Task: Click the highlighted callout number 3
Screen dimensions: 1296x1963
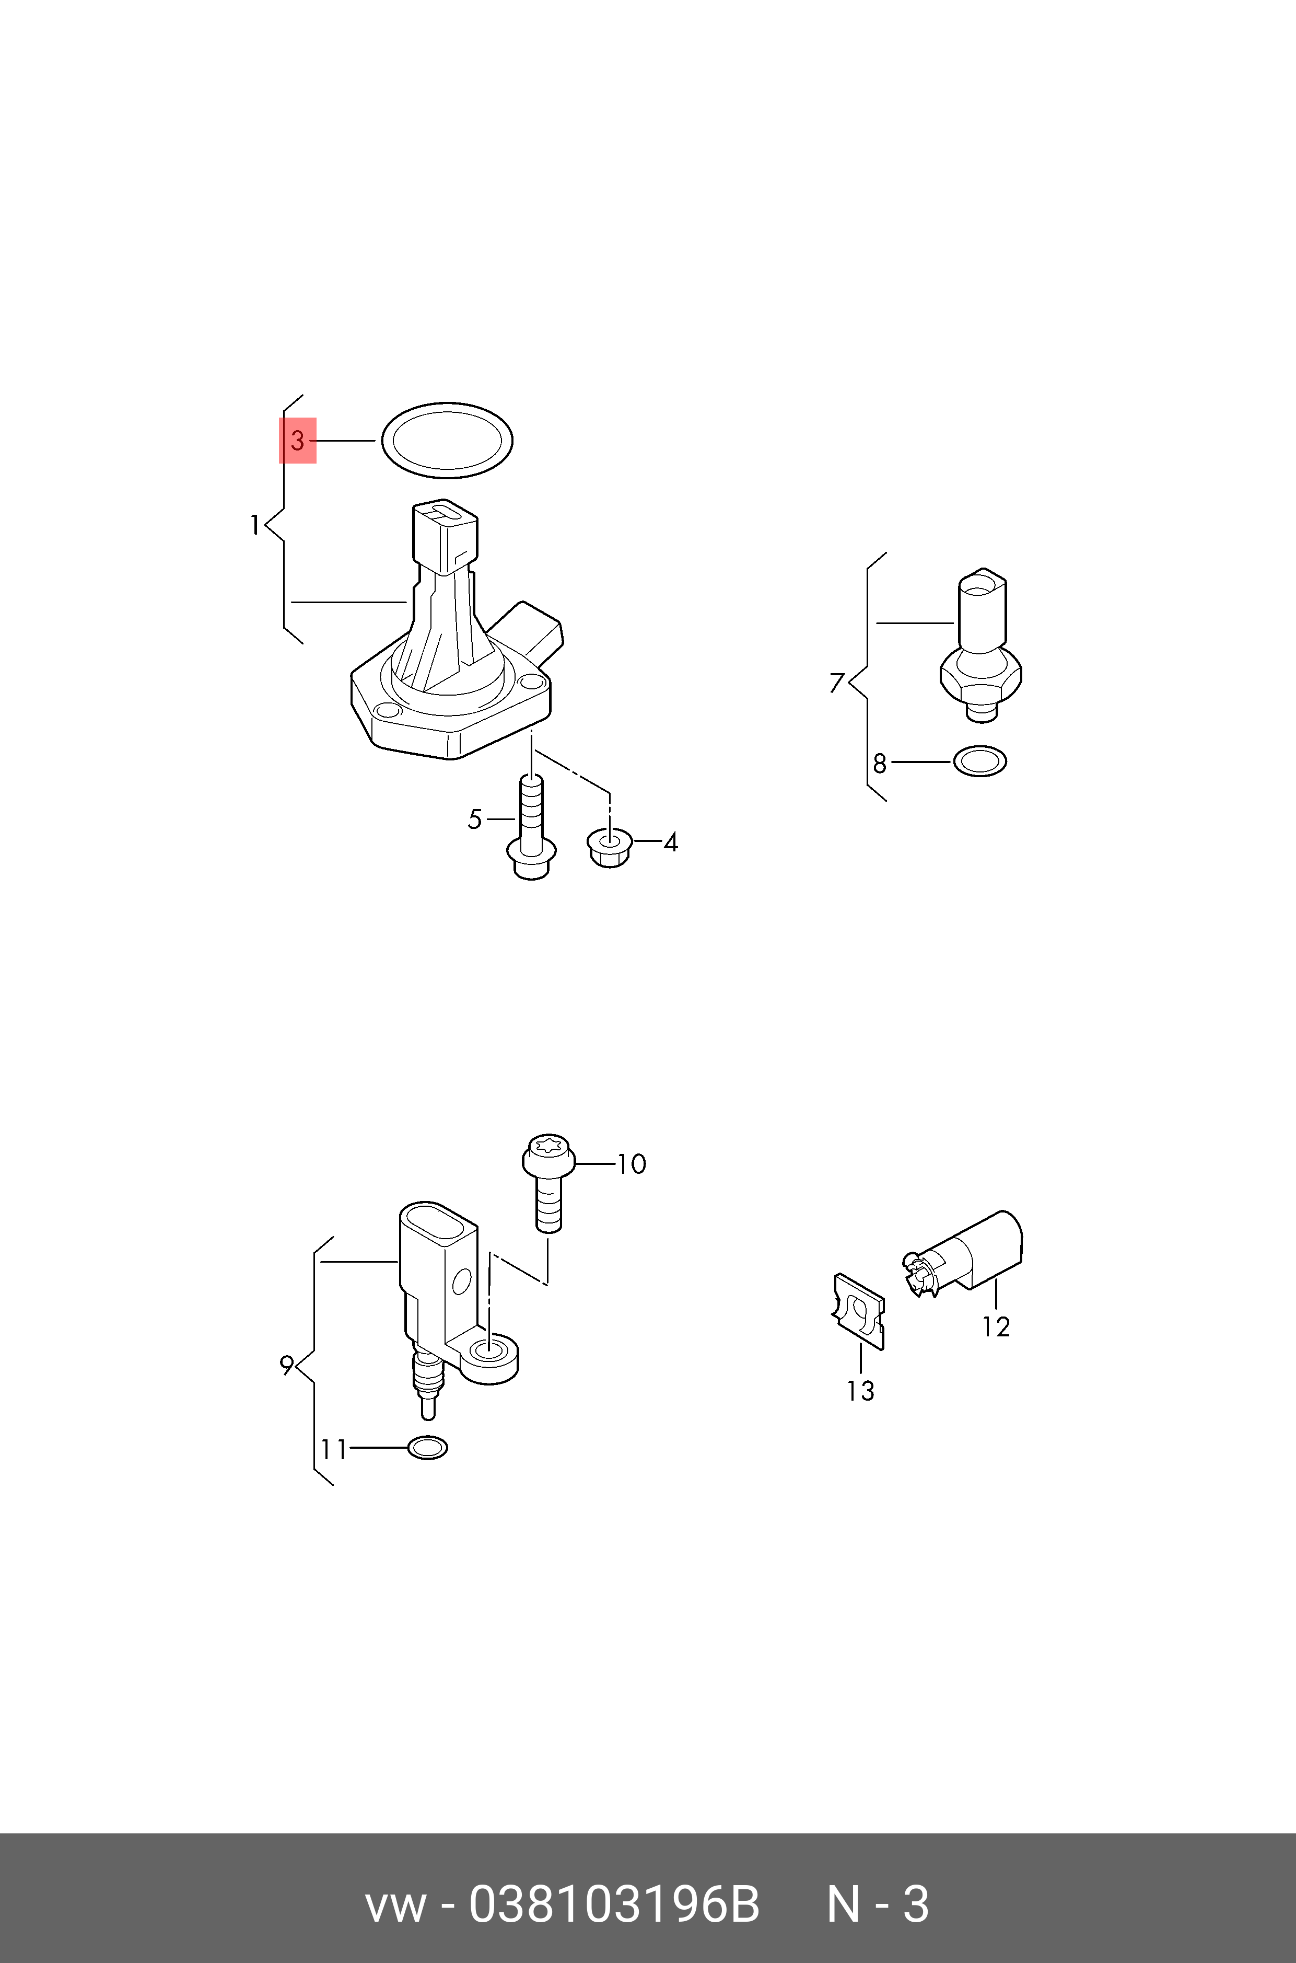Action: coord(298,440)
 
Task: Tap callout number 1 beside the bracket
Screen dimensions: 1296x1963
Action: coord(255,525)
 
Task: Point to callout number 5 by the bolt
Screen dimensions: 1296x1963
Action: coord(474,819)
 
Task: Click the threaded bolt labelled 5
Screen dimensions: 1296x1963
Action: coord(531,827)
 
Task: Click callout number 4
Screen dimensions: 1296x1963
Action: coord(670,842)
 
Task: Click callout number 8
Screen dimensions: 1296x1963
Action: coord(880,763)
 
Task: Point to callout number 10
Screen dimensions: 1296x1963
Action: coord(632,1164)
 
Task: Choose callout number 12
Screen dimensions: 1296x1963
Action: coord(996,1327)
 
